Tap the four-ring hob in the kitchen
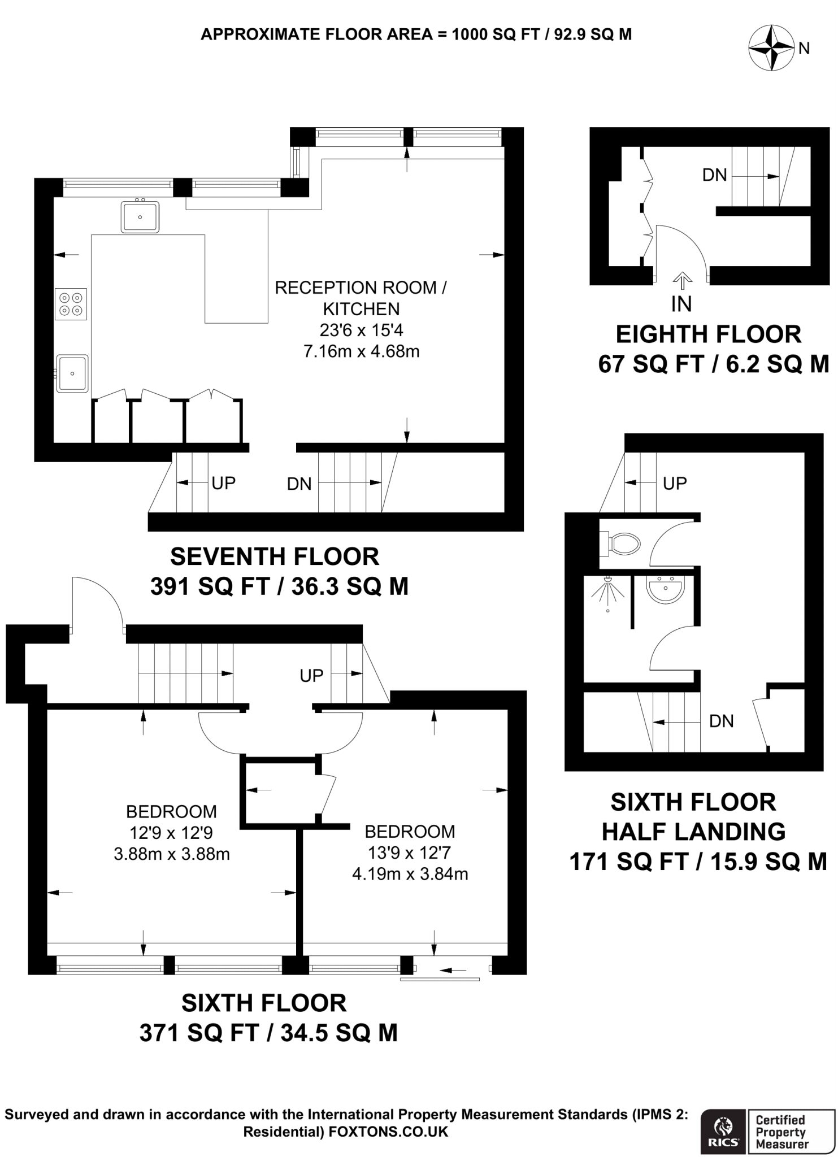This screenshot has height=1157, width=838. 71,304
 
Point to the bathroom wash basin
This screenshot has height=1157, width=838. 666,590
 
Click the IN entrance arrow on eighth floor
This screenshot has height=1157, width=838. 682,281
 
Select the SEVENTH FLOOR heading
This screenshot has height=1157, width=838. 275,557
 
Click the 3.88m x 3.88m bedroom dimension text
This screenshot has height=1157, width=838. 171,854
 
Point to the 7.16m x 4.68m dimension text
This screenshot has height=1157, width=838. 361,351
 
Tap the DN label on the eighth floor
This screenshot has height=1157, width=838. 714,175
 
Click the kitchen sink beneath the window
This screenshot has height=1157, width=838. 140,217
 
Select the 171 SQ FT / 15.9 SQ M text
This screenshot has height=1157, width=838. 698,862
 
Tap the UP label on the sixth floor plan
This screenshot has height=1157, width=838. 311,675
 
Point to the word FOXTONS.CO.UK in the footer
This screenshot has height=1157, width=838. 388,1132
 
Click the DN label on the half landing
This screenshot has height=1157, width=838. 721,721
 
